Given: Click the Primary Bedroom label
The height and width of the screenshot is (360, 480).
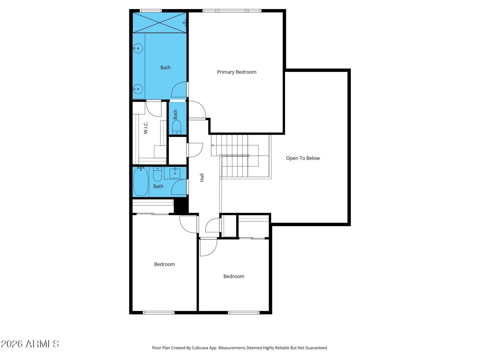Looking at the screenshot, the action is point(236,72).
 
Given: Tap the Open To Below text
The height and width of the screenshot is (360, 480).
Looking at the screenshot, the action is point(303,158).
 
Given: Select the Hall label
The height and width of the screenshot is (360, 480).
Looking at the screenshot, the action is point(202,177).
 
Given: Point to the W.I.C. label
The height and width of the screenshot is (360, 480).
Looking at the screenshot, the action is point(146,128).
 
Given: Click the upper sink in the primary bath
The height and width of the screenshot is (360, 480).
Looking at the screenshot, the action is point(138,48).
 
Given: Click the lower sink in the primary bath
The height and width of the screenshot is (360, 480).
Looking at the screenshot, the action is point(138,89).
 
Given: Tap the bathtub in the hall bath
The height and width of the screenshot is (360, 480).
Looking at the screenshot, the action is point(141,181).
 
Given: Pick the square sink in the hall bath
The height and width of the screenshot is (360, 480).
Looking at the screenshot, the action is point(175,173).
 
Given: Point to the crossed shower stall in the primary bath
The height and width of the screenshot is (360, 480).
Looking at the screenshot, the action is point(159,22).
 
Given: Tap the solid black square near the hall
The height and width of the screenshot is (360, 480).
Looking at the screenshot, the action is point(181,206).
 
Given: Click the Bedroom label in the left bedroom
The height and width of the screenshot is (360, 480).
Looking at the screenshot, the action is point(164,264).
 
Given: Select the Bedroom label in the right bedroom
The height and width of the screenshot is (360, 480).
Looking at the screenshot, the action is point(234,276).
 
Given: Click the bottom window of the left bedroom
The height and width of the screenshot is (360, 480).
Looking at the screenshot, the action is point(159,312).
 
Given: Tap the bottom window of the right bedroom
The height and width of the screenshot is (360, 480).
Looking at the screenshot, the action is point(244,312).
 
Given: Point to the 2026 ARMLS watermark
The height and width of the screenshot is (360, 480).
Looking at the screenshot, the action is point(30,344).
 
